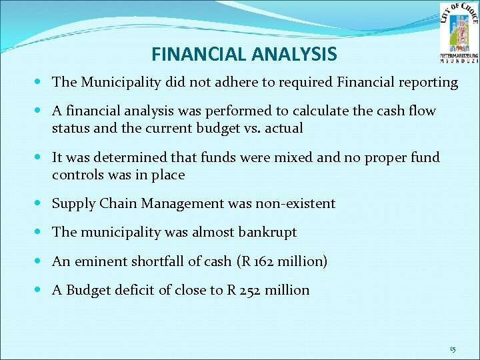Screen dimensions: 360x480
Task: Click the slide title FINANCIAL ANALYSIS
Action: (244, 53)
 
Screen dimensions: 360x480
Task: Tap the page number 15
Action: (453, 349)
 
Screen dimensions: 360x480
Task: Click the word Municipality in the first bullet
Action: (123, 83)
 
